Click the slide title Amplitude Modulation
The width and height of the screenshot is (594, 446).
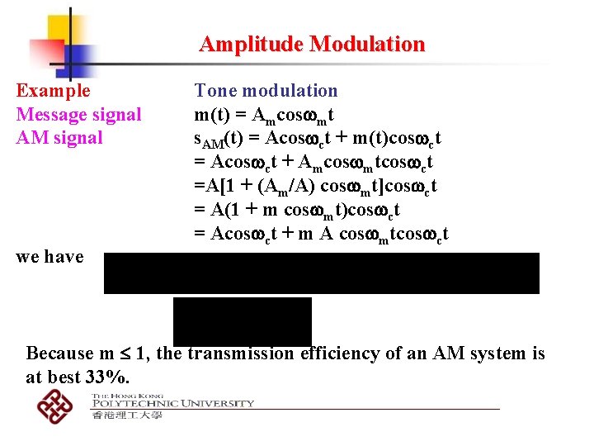click(x=312, y=44)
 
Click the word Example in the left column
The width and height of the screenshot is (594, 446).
click(x=53, y=91)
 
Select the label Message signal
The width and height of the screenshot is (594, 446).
click(x=78, y=114)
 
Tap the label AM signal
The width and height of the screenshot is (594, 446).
click(x=59, y=137)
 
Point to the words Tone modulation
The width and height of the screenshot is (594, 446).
click(x=266, y=91)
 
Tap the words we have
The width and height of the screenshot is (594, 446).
click(x=49, y=257)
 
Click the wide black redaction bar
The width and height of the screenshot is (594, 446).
click(x=321, y=273)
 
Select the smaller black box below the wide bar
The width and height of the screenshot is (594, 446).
click(x=242, y=320)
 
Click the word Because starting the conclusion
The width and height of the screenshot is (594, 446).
click(x=60, y=353)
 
